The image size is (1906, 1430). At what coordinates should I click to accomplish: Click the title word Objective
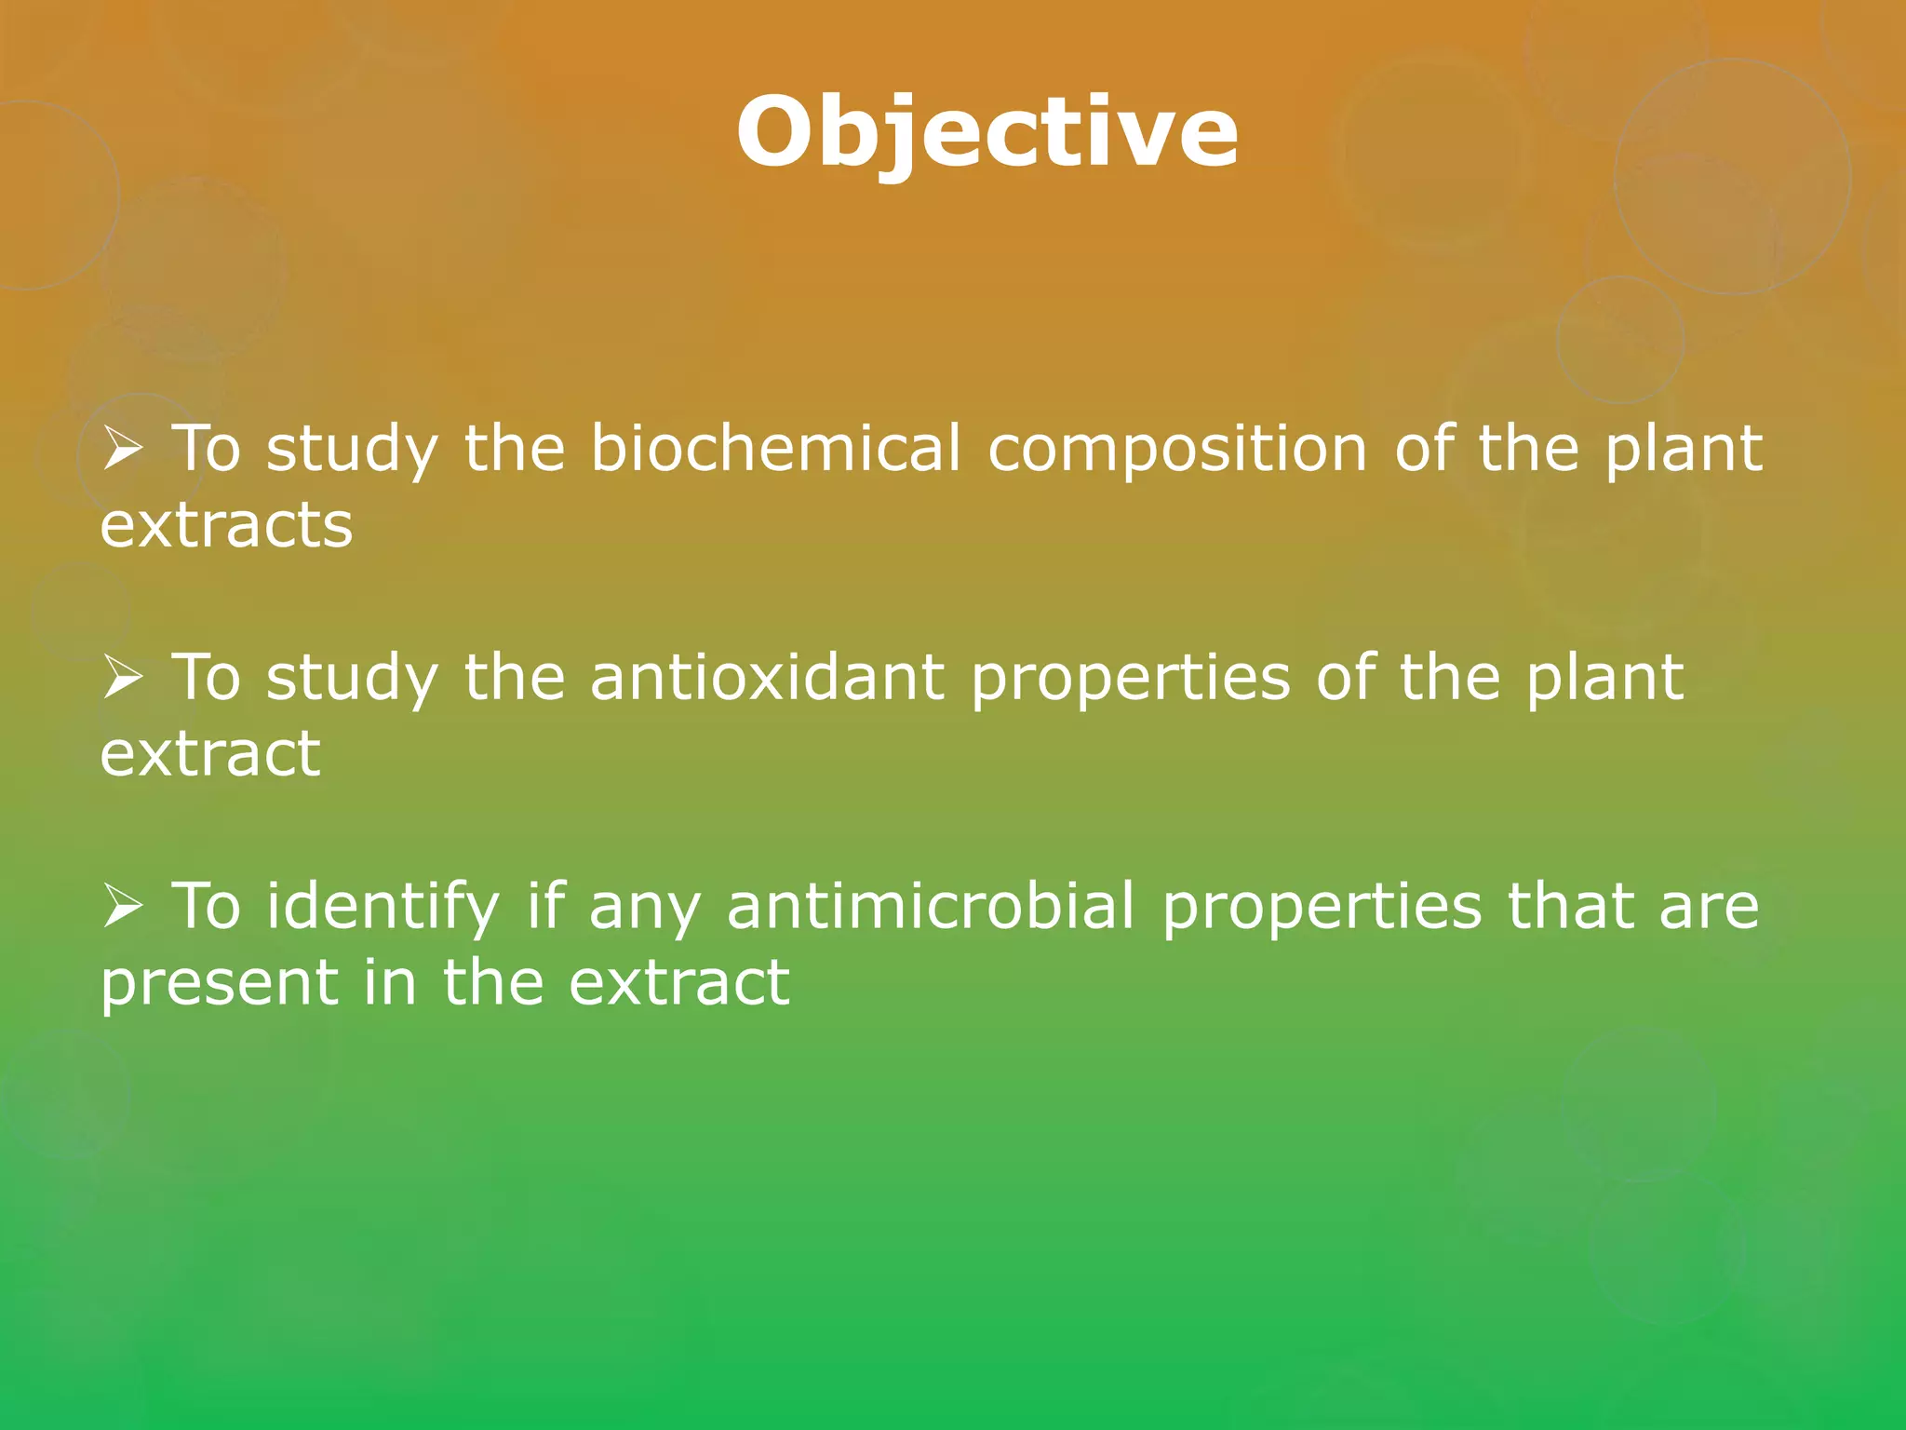987,133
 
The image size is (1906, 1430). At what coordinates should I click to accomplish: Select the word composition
1176,450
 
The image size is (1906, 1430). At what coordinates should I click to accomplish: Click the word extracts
226,526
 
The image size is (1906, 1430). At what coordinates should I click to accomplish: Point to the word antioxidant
767,677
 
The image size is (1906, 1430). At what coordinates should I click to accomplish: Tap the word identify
383,907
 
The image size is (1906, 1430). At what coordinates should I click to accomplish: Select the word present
220,983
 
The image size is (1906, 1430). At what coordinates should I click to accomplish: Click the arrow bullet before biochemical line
122,450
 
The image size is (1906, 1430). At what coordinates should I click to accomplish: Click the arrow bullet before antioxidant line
122,678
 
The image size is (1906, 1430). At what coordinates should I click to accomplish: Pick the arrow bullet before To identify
122,906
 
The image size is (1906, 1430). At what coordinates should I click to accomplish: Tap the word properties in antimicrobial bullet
1322,907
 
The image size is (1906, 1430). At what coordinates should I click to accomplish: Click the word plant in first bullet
1683,450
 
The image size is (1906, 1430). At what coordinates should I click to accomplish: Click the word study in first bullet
352,450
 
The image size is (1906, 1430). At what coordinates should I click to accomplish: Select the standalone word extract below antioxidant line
210,754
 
